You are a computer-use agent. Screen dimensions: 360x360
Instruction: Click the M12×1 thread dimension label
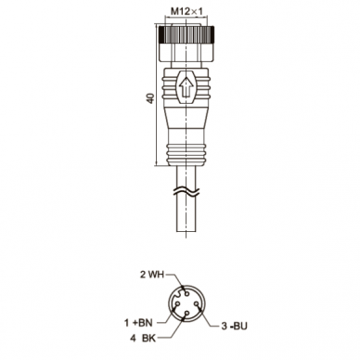186,12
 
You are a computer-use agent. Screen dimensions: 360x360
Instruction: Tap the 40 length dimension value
150,98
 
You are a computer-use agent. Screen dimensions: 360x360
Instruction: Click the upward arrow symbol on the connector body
186,87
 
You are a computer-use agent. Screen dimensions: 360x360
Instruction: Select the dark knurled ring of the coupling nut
186,34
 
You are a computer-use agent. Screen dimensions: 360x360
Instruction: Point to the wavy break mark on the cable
186,192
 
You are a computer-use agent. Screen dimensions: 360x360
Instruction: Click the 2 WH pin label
152,275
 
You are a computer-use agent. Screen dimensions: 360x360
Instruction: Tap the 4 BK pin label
143,339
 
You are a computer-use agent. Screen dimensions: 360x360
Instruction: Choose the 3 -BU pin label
235,326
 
